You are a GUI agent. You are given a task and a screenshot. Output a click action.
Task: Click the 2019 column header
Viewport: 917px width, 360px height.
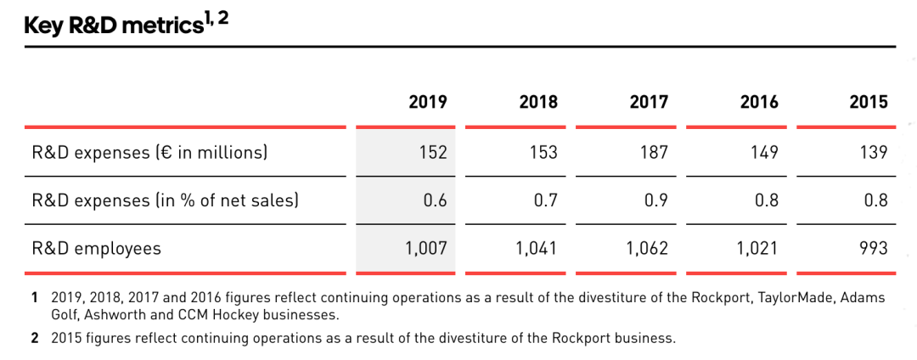pos(427,102)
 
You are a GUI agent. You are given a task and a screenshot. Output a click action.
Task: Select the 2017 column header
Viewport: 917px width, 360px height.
pos(649,102)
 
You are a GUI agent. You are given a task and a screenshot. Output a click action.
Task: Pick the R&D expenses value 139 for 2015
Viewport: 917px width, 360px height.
pos(873,153)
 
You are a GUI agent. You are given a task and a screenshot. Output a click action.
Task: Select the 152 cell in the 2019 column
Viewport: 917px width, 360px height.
pos(432,153)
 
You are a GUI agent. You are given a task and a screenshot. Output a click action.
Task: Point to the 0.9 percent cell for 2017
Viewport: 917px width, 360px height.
pos(656,201)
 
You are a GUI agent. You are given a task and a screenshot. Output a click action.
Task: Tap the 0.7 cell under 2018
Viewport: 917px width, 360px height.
pos(546,201)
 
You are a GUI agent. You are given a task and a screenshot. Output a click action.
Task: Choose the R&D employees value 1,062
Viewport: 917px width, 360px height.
pos(646,249)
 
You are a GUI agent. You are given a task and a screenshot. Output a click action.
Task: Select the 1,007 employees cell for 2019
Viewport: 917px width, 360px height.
pos(426,249)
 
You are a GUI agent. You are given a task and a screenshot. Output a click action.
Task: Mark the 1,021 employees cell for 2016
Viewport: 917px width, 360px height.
pos(758,249)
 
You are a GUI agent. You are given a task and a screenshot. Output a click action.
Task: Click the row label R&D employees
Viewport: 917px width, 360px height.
pos(96,249)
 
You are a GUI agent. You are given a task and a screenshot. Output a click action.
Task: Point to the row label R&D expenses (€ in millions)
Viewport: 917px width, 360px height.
pos(149,153)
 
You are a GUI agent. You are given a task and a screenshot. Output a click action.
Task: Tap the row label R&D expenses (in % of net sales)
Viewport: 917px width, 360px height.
pos(165,201)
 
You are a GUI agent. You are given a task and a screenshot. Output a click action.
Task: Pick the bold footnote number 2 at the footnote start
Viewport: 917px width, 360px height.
pos(35,338)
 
